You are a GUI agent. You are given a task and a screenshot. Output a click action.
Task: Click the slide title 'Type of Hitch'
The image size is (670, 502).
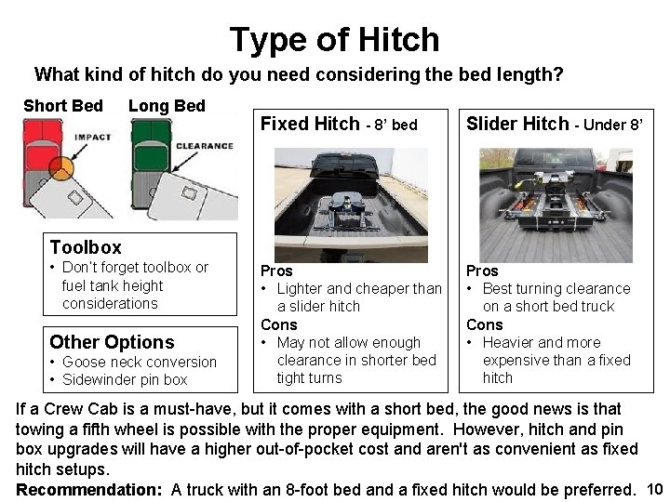[334, 39]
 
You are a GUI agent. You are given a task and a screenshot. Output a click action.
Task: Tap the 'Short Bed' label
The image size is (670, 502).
[63, 105]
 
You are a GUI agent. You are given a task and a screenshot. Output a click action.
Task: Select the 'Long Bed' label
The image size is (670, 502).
[167, 105]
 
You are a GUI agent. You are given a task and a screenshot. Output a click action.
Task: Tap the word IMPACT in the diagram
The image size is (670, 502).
[93, 138]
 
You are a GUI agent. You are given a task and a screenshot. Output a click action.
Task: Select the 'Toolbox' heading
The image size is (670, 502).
[86, 247]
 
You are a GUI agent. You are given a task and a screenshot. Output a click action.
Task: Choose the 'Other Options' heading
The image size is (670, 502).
[112, 342]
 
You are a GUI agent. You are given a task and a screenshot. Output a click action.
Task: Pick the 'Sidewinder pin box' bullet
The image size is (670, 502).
[125, 379]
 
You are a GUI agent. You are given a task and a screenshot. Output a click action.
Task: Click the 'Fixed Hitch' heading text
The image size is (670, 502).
[310, 124]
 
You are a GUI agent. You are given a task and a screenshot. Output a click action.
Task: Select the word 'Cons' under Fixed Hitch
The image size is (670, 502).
[278, 324]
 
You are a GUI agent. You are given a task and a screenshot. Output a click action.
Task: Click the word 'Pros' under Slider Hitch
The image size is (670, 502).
[482, 271]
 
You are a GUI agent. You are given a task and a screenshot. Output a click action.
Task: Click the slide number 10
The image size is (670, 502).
[653, 489]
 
